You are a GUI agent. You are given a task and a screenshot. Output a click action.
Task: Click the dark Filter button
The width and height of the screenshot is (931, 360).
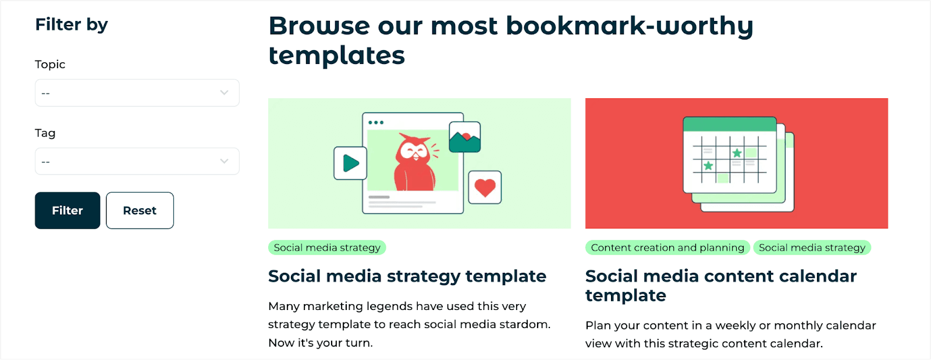pyautogui.click(x=67, y=210)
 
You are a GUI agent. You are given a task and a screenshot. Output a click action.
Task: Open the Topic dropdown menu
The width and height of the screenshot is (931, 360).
pyautogui.click(x=137, y=92)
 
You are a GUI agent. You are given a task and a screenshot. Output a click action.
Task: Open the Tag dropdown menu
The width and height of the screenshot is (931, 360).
pyautogui.click(x=137, y=161)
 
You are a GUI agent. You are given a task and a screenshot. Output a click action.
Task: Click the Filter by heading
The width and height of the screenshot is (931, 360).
pyautogui.click(x=72, y=24)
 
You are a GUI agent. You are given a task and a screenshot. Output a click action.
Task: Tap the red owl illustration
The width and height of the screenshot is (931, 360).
pyautogui.click(x=415, y=162)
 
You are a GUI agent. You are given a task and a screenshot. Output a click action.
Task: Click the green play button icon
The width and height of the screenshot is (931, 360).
pyautogui.click(x=350, y=163)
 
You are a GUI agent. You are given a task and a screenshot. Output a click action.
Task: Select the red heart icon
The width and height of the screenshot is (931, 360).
pyautogui.click(x=485, y=187)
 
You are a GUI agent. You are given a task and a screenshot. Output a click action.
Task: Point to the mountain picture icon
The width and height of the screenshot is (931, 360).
pyautogui.click(x=465, y=137)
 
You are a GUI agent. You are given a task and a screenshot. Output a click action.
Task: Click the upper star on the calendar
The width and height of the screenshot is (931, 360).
pyautogui.click(x=737, y=153)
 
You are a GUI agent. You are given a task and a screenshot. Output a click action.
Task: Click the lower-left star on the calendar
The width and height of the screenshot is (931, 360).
pyautogui.click(x=708, y=166)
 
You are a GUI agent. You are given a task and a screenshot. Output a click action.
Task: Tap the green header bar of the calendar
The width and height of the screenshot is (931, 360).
pyautogui.click(x=730, y=124)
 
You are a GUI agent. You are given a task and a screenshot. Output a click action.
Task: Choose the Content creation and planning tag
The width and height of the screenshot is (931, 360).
pyautogui.click(x=667, y=248)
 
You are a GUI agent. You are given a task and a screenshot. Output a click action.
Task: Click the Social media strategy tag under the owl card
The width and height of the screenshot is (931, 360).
pyautogui.click(x=327, y=248)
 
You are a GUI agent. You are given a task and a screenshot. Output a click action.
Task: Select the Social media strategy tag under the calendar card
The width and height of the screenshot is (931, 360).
pyautogui.click(x=812, y=248)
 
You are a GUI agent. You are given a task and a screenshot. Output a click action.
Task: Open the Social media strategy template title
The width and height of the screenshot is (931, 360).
pyautogui.click(x=407, y=276)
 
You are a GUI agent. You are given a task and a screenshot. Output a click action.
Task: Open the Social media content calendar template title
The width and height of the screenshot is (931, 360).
pyautogui.click(x=721, y=286)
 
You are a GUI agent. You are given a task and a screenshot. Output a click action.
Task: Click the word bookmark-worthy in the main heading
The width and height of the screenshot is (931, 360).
pyautogui.click(x=630, y=26)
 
